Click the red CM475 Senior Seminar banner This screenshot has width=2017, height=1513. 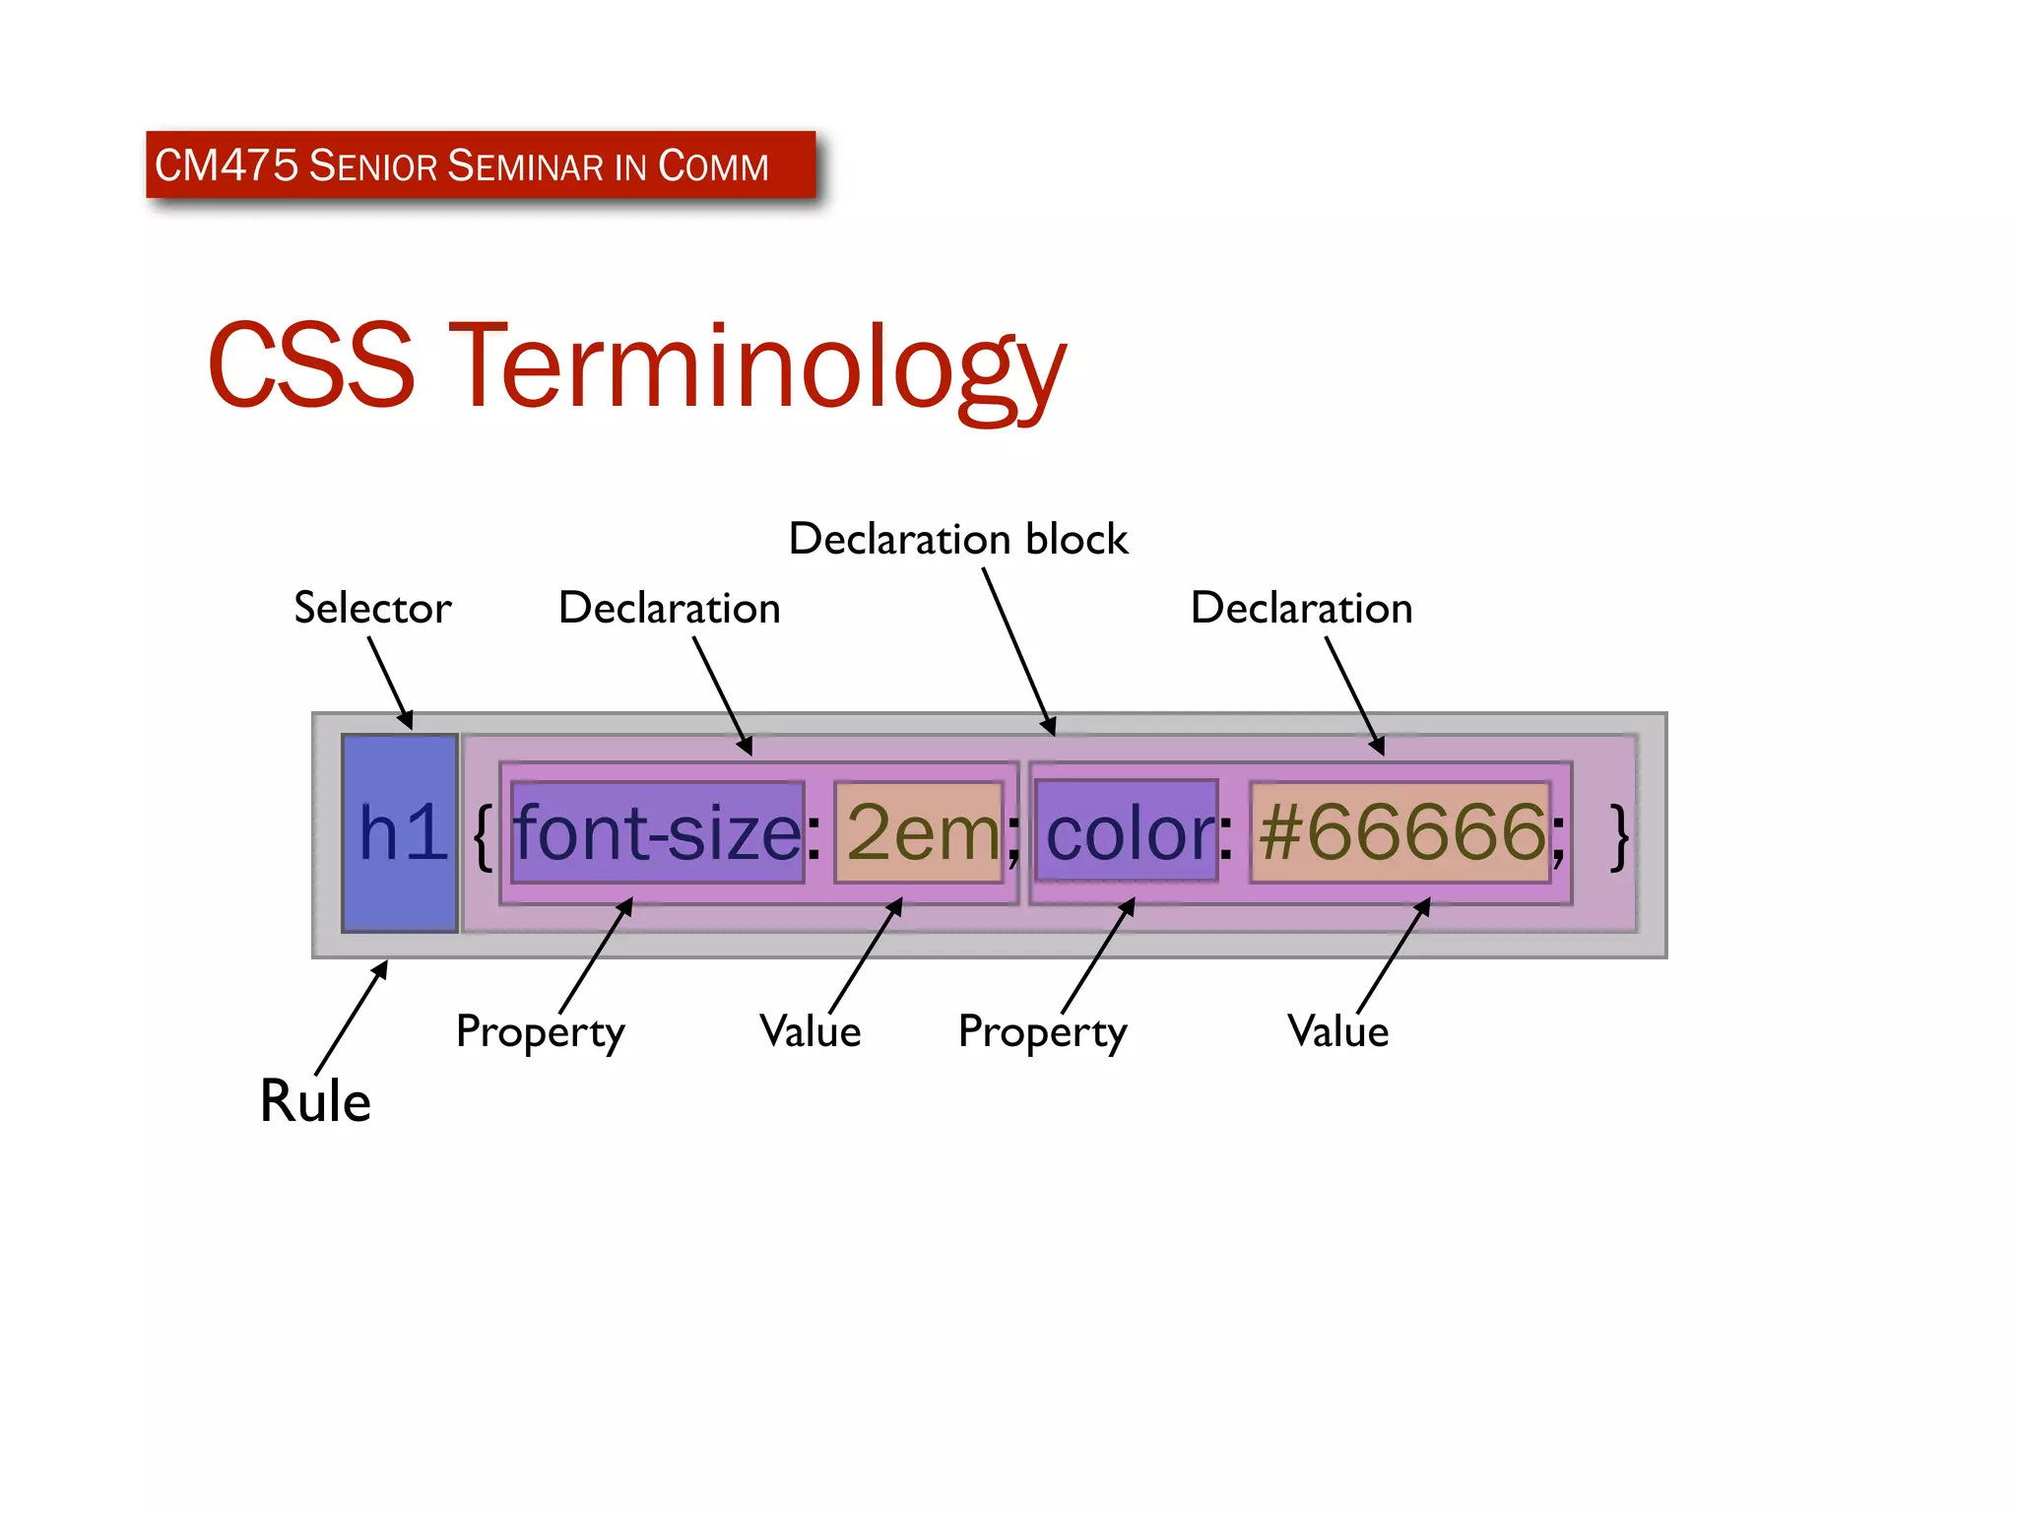pos(481,165)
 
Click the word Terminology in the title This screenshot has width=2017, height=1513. pos(758,366)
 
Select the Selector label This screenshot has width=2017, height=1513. pos(372,608)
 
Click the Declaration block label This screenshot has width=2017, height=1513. pos(957,539)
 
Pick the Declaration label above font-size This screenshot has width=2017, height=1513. pos(669,608)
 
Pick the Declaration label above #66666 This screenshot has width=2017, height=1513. pos(1301,608)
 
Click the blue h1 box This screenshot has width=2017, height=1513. pos(400,832)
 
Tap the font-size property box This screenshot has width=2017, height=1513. pos(658,832)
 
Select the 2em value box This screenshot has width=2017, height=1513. pos(919,832)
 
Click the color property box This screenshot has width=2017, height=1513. pos(1127,832)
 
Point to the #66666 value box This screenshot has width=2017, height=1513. pos(1399,832)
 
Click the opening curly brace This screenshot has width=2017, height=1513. pos(483,835)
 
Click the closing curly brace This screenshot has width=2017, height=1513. pos(1618,835)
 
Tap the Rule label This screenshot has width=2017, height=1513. pos(315,1100)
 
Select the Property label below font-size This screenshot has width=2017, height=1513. pos(540,1032)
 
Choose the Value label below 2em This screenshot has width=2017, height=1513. pos(810,1031)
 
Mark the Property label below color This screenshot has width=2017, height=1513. pos(1042,1032)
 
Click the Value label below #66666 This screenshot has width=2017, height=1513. pos(1337,1031)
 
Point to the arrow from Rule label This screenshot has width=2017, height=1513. pos(351,1019)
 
